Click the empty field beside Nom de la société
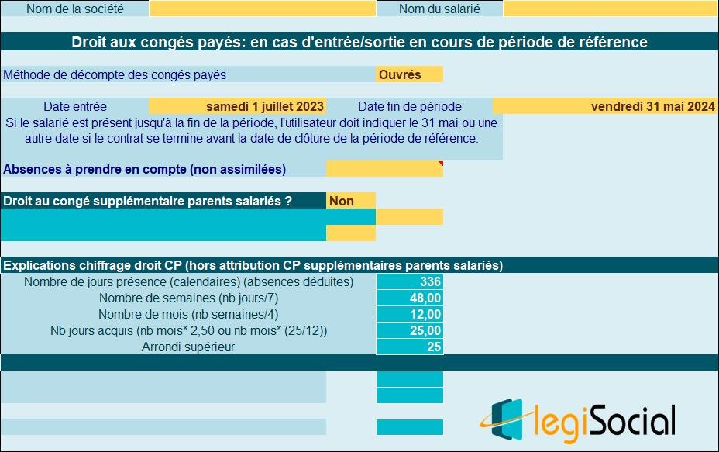(262, 9)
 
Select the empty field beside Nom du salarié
(611, 9)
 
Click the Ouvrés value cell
(409, 74)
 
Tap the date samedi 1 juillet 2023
(265, 106)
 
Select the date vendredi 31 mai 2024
(652, 106)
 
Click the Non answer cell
(350, 201)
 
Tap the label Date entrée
(75, 106)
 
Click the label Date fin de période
(410, 106)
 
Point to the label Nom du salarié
(439, 9)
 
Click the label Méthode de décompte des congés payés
(115, 74)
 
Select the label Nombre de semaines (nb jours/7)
(188, 298)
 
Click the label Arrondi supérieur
(188, 347)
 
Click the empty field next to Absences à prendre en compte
(384, 168)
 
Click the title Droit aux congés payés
(359, 42)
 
